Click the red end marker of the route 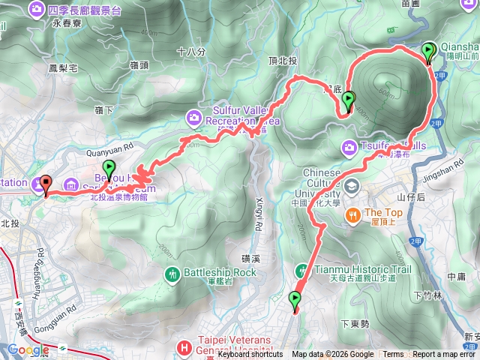pos(45,184)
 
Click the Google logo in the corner pos(28,349)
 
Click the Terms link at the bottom pos(393,355)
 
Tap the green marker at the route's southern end pos(294,301)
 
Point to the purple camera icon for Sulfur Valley pos(194,116)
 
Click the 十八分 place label pos(191,52)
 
